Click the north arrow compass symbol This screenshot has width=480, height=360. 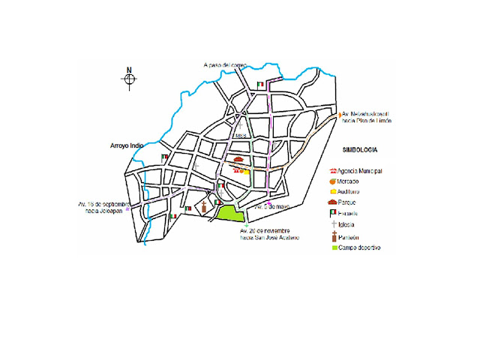pos(129,78)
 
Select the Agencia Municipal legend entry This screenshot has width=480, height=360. pos(359,171)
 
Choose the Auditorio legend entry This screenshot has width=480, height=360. pos(352,193)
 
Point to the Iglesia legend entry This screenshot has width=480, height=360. pos(350,225)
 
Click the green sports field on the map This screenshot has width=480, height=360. pos(232,213)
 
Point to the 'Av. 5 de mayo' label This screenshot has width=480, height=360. pos(268,205)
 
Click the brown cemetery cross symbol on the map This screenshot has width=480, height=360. pos(203,206)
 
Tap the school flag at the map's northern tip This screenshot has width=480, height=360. pos(260,85)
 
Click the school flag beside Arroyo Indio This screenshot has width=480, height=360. pos(164,157)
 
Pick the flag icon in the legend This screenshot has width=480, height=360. pos(331,214)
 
